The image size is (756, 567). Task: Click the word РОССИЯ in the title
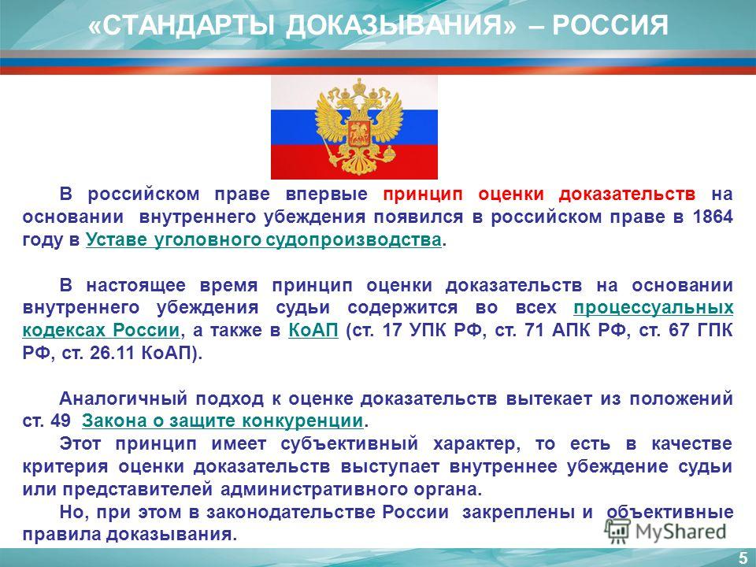coord(610,25)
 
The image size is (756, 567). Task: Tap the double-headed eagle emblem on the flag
coord(359,127)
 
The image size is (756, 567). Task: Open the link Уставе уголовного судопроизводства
coord(264,239)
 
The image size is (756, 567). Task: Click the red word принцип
coord(423,195)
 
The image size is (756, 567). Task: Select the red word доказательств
coord(628,194)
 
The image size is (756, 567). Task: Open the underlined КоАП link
coord(313,331)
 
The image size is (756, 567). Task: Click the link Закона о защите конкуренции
coord(222,421)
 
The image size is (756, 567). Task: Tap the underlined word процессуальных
coord(654,308)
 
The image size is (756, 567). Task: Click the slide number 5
coord(743,558)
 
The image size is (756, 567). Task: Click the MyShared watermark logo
coord(665,532)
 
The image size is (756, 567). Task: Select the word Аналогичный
coord(123,398)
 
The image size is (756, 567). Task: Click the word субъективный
coord(350,444)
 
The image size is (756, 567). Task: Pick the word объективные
coord(670,512)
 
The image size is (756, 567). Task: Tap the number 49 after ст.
coord(60,421)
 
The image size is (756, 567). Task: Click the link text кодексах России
coord(101,331)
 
